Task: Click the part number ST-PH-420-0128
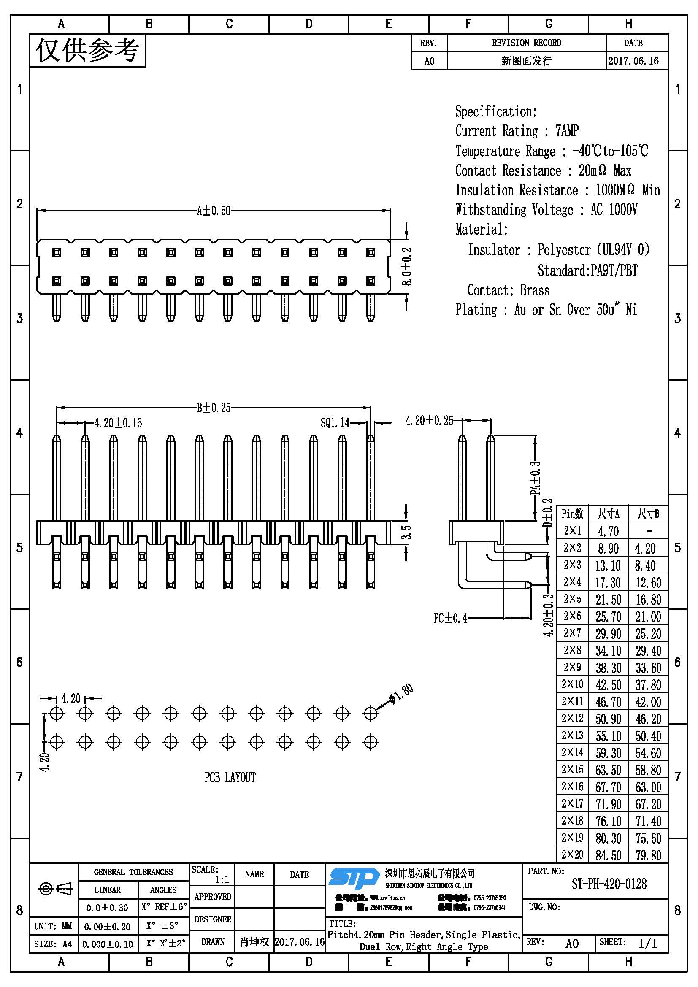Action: pyautogui.click(x=609, y=884)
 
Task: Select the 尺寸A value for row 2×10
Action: pyautogui.click(x=608, y=685)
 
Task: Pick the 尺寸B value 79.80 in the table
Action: pyautogui.click(x=648, y=855)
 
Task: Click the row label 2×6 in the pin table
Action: pyautogui.click(x=572, y=616)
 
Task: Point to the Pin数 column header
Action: pyautogui.click(x=572, y=513)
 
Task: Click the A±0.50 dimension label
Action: pyautogui.click(x=214, y=211)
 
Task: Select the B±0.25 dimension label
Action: pyautogui.click(x=214, y=408)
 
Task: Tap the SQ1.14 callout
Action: pyautogui.click(x=335, y=423)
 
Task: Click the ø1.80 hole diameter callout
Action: pyautogui.click(x=401, y=693)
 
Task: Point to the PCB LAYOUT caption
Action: pyautogui.click(x=230, y=778)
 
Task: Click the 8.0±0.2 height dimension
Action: pyautogui.click(x=406, y=267)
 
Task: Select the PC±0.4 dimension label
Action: pyautogui.click(x=450, y=618)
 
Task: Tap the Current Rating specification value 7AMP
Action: pyautogui.click(x=567, y=131)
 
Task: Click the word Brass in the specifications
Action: pyautogui.click(x=535, y=290)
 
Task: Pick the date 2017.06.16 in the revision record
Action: pyautogui.click(x=633, y=61)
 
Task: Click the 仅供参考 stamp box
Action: pyautogui.click(x=87, y=50)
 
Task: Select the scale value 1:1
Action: pyautogui.click(x=222, y=879)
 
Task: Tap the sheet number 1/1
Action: pyautogui.click(x=648, y=944)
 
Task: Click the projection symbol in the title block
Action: pyautogui.click(x=55, y=889)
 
